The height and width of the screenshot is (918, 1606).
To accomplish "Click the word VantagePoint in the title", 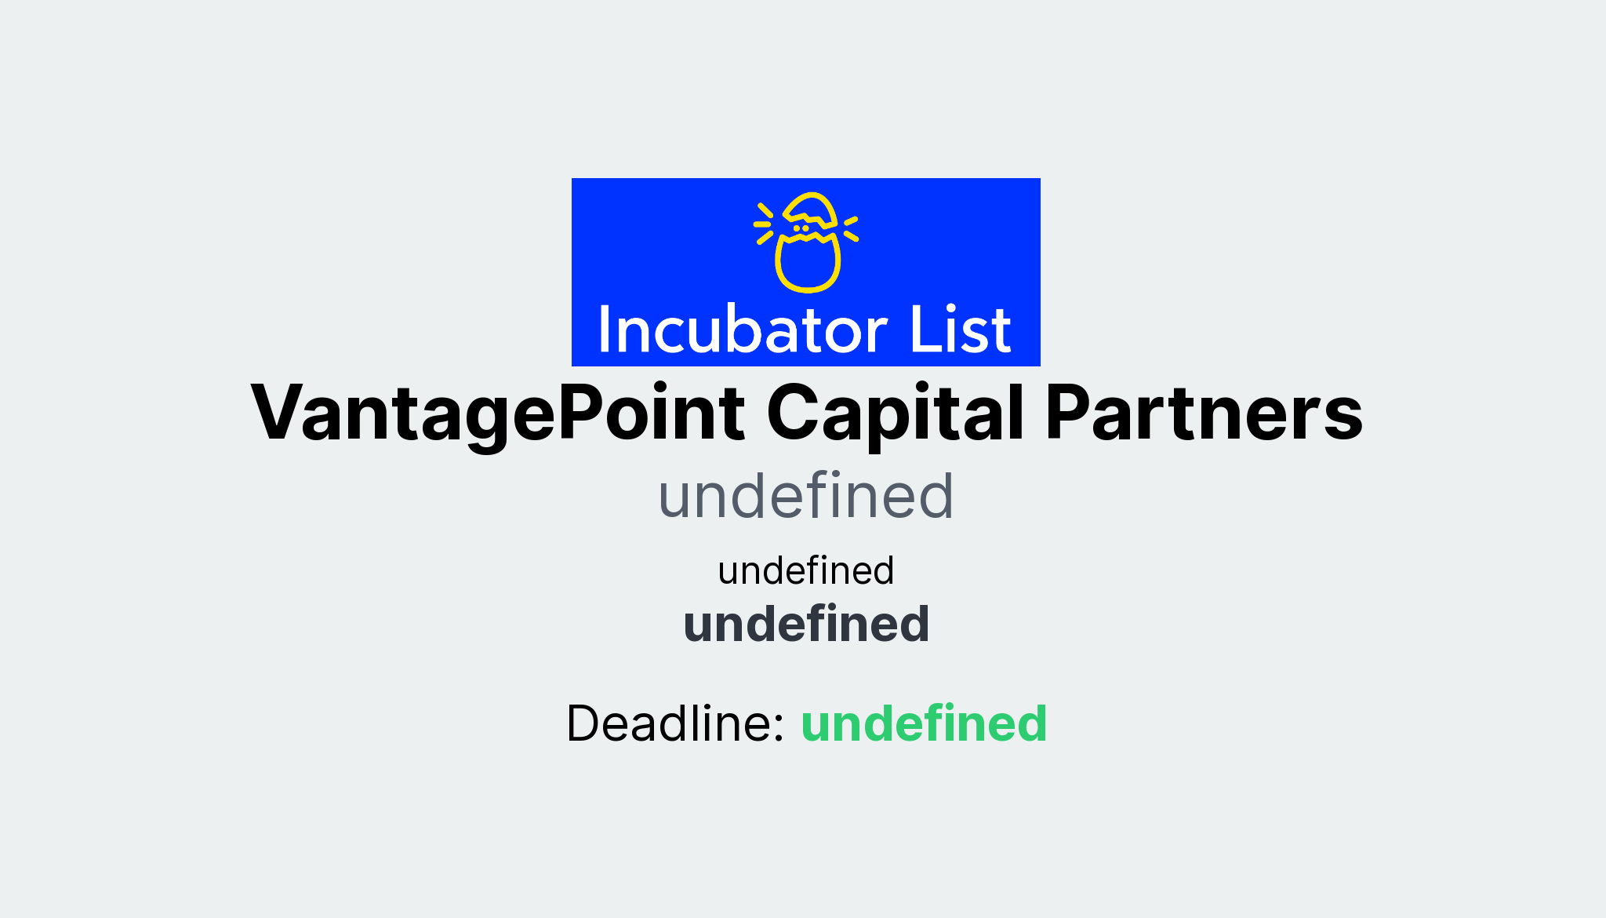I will pos(497,413).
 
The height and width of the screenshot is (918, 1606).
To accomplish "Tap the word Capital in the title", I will pos(895,413).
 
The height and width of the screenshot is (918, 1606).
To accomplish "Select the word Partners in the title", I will pos(1204,413).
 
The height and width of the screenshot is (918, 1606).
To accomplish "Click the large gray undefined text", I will pos(805,496).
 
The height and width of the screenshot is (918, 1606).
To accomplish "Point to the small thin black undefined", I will pos(805,570).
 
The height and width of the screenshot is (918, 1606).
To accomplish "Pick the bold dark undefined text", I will pos(805,625).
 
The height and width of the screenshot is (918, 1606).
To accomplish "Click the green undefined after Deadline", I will pos(923,723).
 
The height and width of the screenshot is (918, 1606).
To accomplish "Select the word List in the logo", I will pos(960,330).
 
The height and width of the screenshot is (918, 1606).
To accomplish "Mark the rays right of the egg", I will pos(851,228).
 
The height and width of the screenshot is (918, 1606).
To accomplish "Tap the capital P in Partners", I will pos(1070,413).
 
